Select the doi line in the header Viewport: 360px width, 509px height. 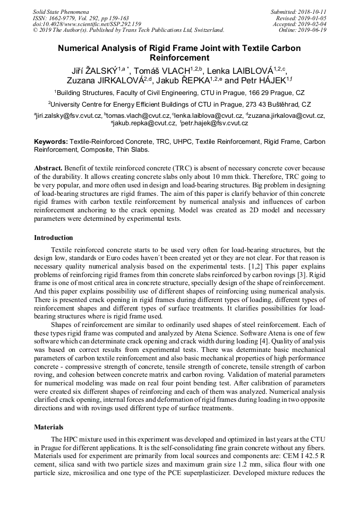(87, 24)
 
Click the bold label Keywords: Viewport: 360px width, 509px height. (51, 142)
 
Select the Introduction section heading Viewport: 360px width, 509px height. (54, 238)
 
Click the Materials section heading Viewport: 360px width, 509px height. (49, 427)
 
